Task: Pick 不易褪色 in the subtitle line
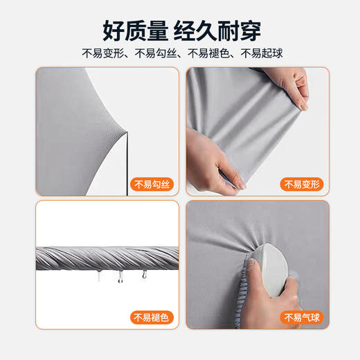click(207, 53)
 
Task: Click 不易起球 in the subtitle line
click(259, 53)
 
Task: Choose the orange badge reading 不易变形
click(303, 184)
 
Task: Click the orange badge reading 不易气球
click(303, 318)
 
